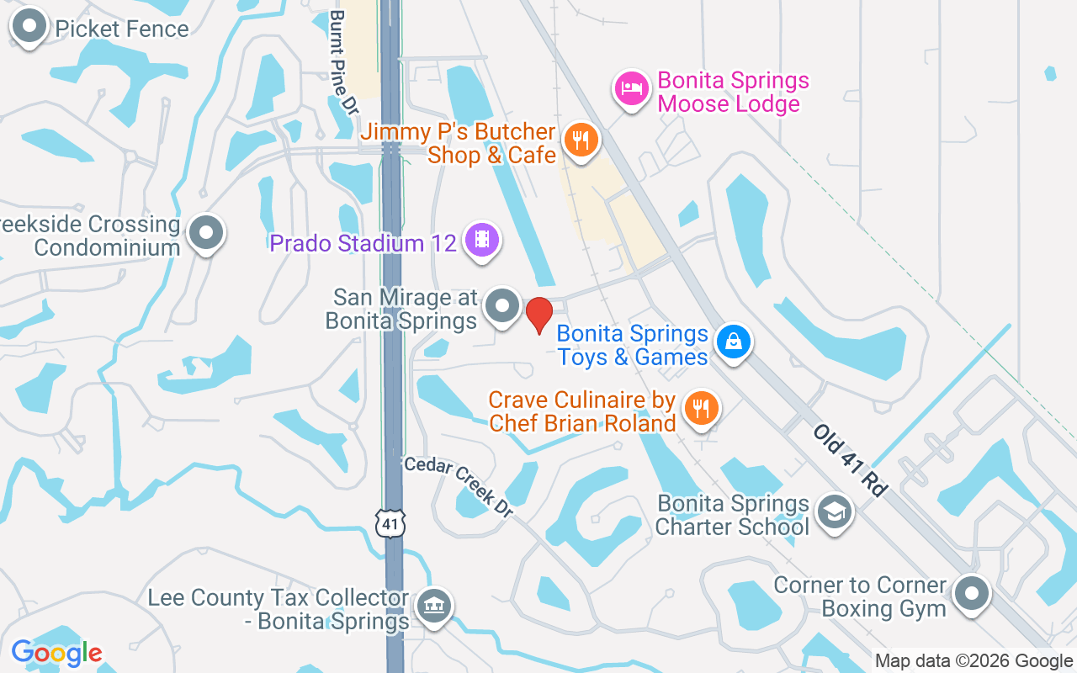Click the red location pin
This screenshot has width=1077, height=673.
point(538,315)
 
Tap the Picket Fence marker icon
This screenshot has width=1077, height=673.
point(30,26)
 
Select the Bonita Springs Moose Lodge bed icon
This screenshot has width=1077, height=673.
point(631,88)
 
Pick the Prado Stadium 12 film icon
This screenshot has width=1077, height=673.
point(482,241)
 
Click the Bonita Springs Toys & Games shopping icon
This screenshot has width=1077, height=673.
point(734,342)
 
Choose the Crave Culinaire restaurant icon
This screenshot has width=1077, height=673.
point(700,408)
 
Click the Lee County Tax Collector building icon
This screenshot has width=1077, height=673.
point(434,605)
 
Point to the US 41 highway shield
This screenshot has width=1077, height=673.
point(391,524)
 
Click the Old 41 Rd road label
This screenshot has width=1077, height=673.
point(851,459)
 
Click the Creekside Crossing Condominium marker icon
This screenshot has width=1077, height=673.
point(206,233)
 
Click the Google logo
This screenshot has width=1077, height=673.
point(56,653)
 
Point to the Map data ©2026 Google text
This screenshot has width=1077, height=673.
point(974,661)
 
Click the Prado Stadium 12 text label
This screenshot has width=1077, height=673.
point(363,244)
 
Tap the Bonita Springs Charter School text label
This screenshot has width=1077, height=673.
point(732,515)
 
